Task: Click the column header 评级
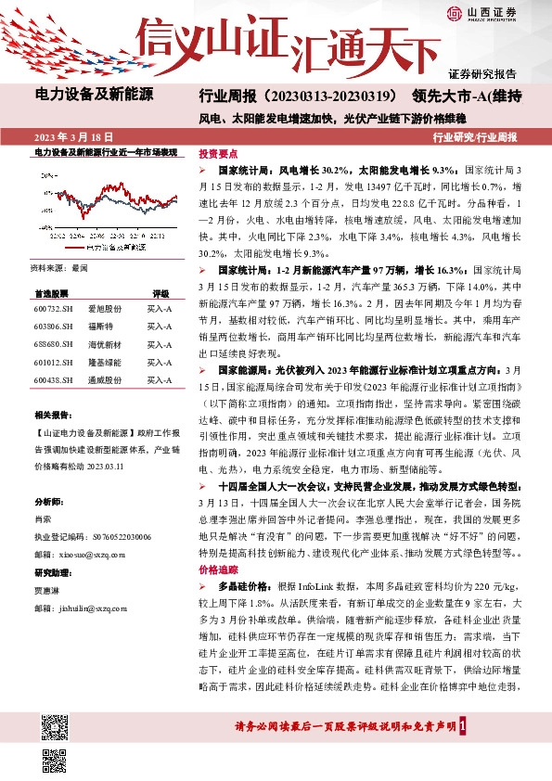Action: (160, 292)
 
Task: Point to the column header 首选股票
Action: (53, 292)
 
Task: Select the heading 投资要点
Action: (219, 155)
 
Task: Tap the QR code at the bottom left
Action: (55, 755)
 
